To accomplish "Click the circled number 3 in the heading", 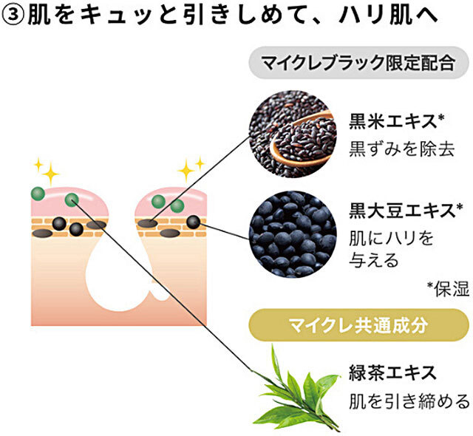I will [x=14, y=17].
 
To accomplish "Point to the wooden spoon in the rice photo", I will [x=310, y=147].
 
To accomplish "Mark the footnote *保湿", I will [x=448, y=289].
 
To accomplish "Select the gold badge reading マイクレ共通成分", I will [x=358, y=325].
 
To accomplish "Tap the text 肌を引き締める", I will [x=409, y=401].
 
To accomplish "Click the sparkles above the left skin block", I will [x=46, y=170].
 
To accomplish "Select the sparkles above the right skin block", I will [x=191, y=168].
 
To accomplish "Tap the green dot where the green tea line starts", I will [x=72, y=200].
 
